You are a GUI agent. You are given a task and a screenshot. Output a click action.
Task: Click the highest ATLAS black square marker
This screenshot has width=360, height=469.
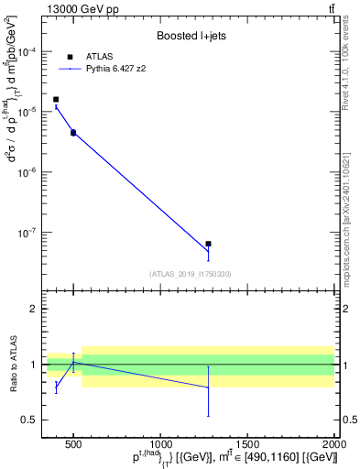coord(56,99)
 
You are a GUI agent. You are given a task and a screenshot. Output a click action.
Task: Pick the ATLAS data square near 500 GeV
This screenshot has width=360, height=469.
coord(73,133)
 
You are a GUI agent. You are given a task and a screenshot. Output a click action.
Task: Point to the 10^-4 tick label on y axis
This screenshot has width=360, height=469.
coord(30,51)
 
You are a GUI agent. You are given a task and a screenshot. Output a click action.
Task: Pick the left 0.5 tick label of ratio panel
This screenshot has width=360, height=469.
coord(29,420)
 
